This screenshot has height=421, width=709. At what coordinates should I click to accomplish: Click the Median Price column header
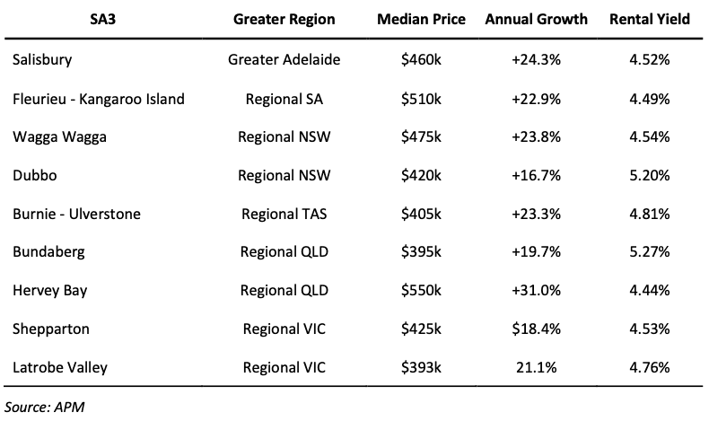[421, 20]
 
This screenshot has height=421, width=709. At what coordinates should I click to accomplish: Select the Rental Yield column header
[649, 20]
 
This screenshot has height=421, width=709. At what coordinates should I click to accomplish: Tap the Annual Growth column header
[537, 20]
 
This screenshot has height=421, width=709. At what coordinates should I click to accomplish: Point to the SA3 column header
[102, 20]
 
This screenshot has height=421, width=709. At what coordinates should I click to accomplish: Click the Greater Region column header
[284, 20]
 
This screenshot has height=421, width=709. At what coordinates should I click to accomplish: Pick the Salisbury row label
[42, 59]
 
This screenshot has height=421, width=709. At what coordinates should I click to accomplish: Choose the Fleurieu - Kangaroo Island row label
[99, 99]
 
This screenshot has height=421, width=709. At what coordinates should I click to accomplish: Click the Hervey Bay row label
[49, 290]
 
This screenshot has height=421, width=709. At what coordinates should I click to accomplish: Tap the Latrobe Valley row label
[60, 367]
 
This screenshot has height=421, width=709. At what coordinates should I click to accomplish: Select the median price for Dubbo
[421, 175]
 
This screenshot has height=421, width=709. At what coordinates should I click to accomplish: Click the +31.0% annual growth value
[537, 290]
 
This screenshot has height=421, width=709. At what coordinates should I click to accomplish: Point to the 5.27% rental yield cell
[649, 252]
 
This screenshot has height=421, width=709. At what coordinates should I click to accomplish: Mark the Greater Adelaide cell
[284, 59]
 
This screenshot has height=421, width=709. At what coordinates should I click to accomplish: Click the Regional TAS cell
[284, 214]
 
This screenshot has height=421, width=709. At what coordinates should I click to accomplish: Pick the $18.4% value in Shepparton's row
[537, 329]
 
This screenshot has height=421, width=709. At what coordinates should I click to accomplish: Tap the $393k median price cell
[421, 367]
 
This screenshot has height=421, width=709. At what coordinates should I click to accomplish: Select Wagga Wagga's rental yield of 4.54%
[649, 137]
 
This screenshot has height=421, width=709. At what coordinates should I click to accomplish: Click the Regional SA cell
[284, 99]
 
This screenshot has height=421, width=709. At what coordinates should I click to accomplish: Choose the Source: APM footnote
[44, 407]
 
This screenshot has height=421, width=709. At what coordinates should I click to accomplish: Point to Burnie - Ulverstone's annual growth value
[537, 214]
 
